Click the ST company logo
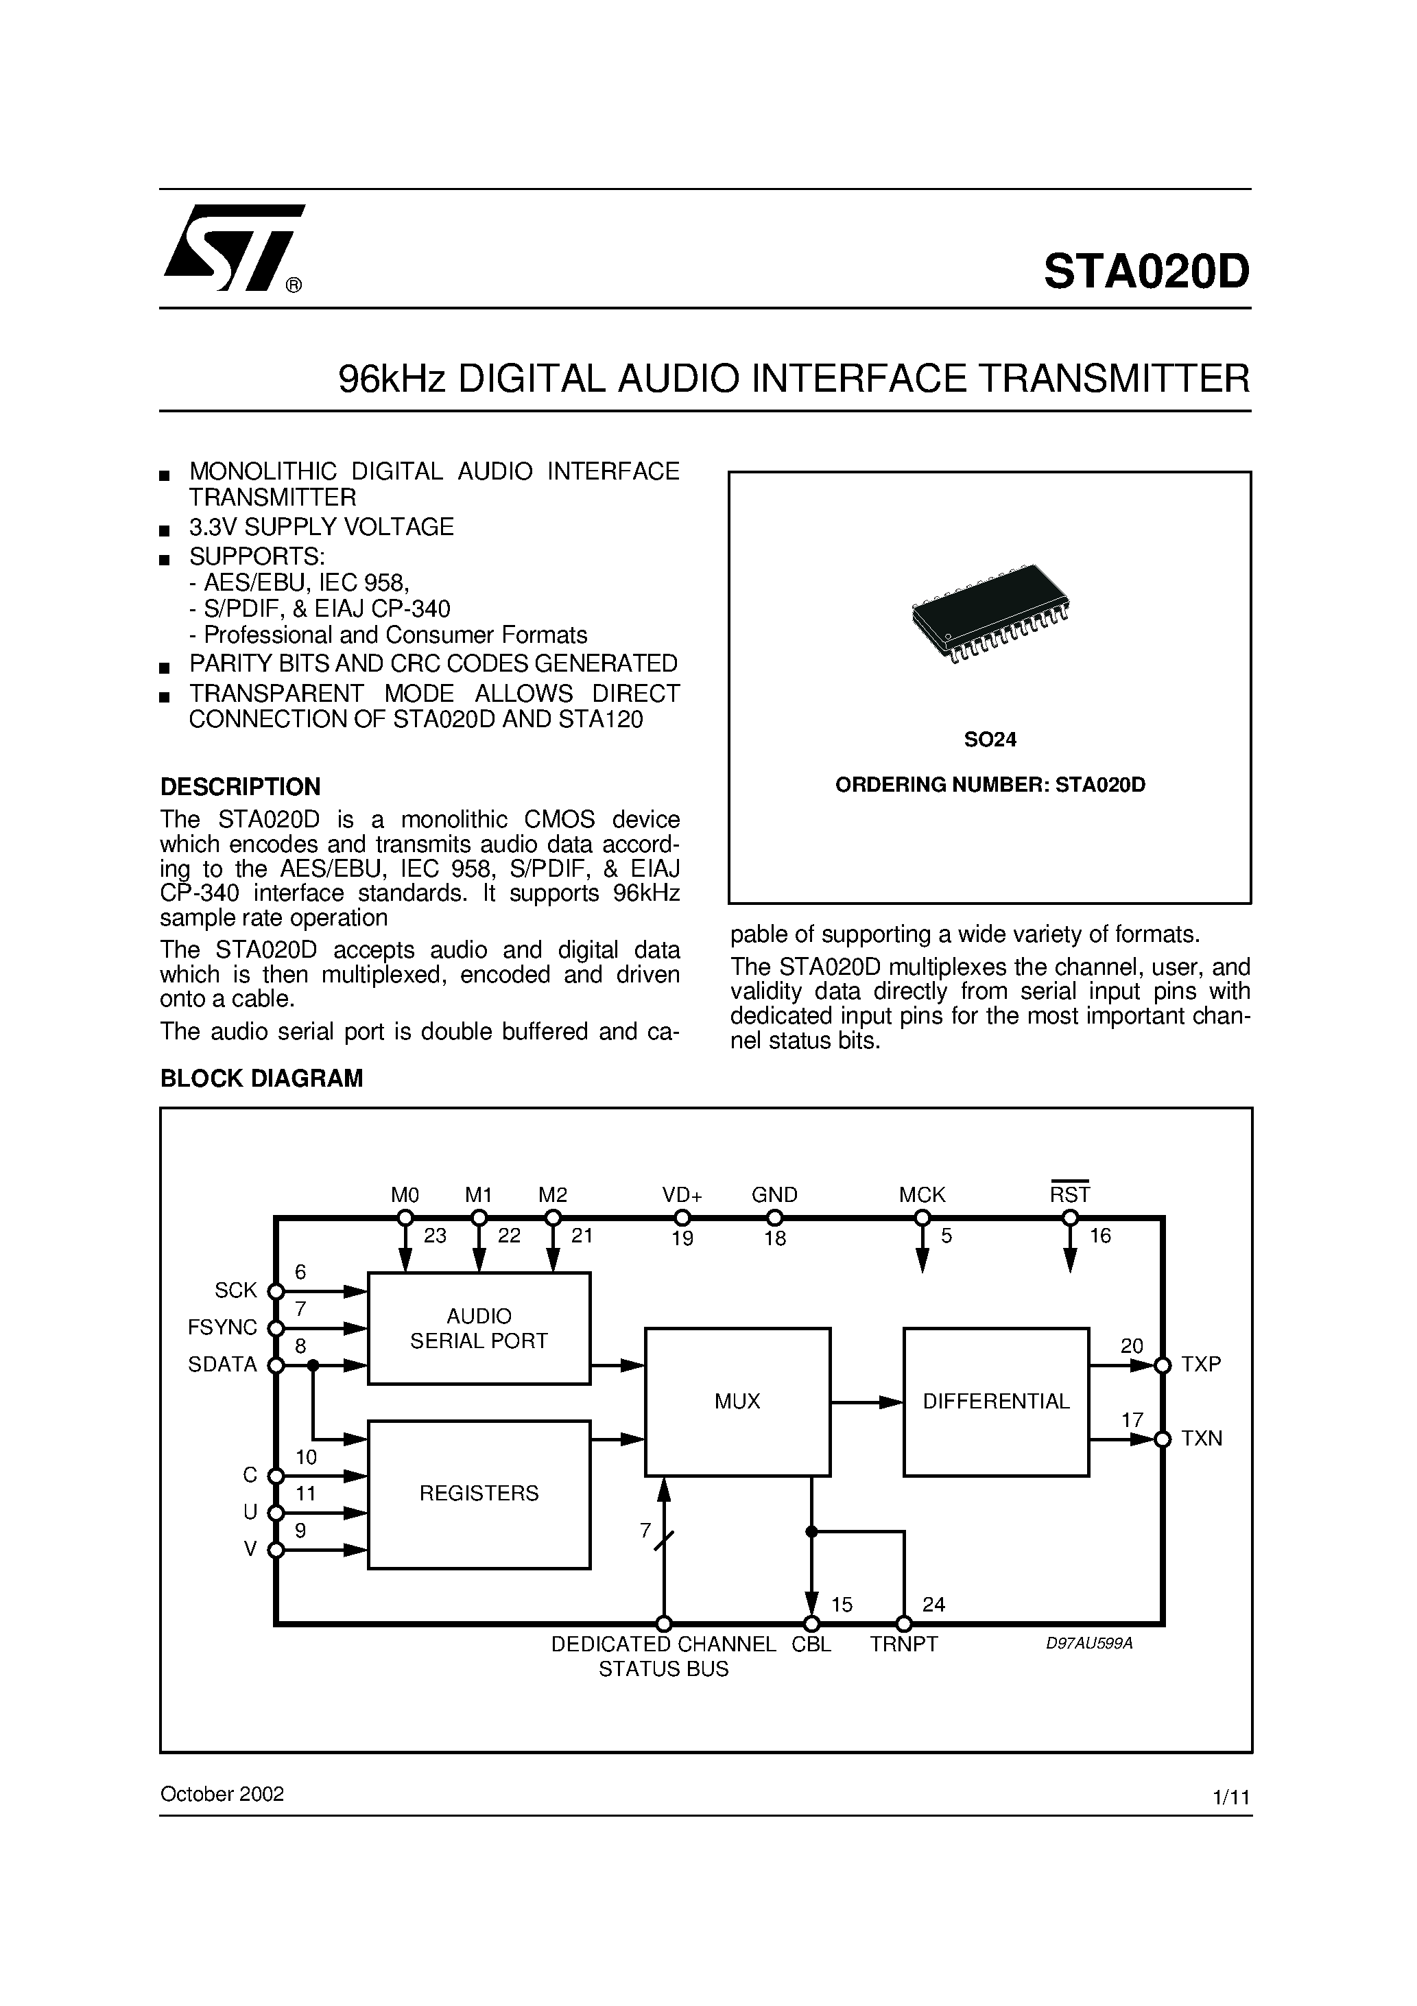233,248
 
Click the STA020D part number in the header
1146,272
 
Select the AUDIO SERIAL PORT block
479,1328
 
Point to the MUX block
737,1402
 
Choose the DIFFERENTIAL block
996,1402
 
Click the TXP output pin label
1201,1364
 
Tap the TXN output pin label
1201,1438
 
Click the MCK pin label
922,1194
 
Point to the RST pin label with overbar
1070,1194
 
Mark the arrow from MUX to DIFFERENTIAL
866,1402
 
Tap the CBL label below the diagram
811,1644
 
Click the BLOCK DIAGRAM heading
261,1078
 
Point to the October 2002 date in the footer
222,1794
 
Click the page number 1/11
1231,1797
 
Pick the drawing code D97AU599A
1088,1643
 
